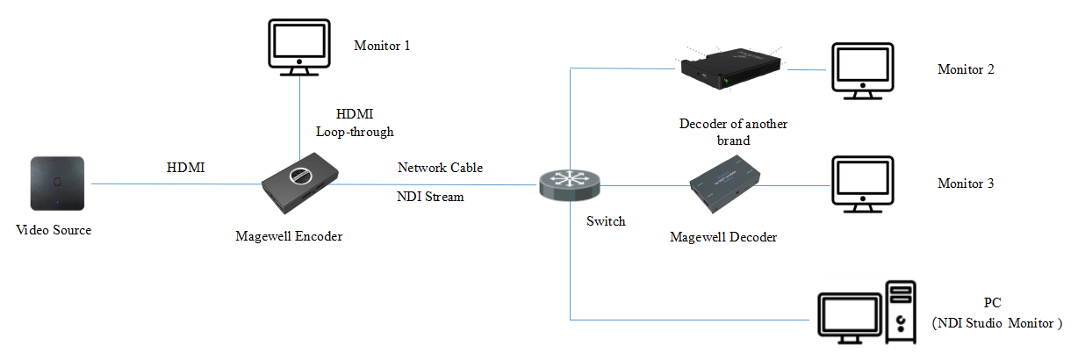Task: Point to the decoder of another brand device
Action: coord(730,69)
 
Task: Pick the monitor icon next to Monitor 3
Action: coord(862,185)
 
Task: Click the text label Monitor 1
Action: coord(382,45)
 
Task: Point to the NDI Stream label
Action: coord(430,198)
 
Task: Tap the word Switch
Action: coord(606,221)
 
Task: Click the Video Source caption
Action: coord(54,230)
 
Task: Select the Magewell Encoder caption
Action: coord(289,235)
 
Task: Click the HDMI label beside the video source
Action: coord(185,168)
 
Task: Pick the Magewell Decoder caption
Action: coord(723,237)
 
